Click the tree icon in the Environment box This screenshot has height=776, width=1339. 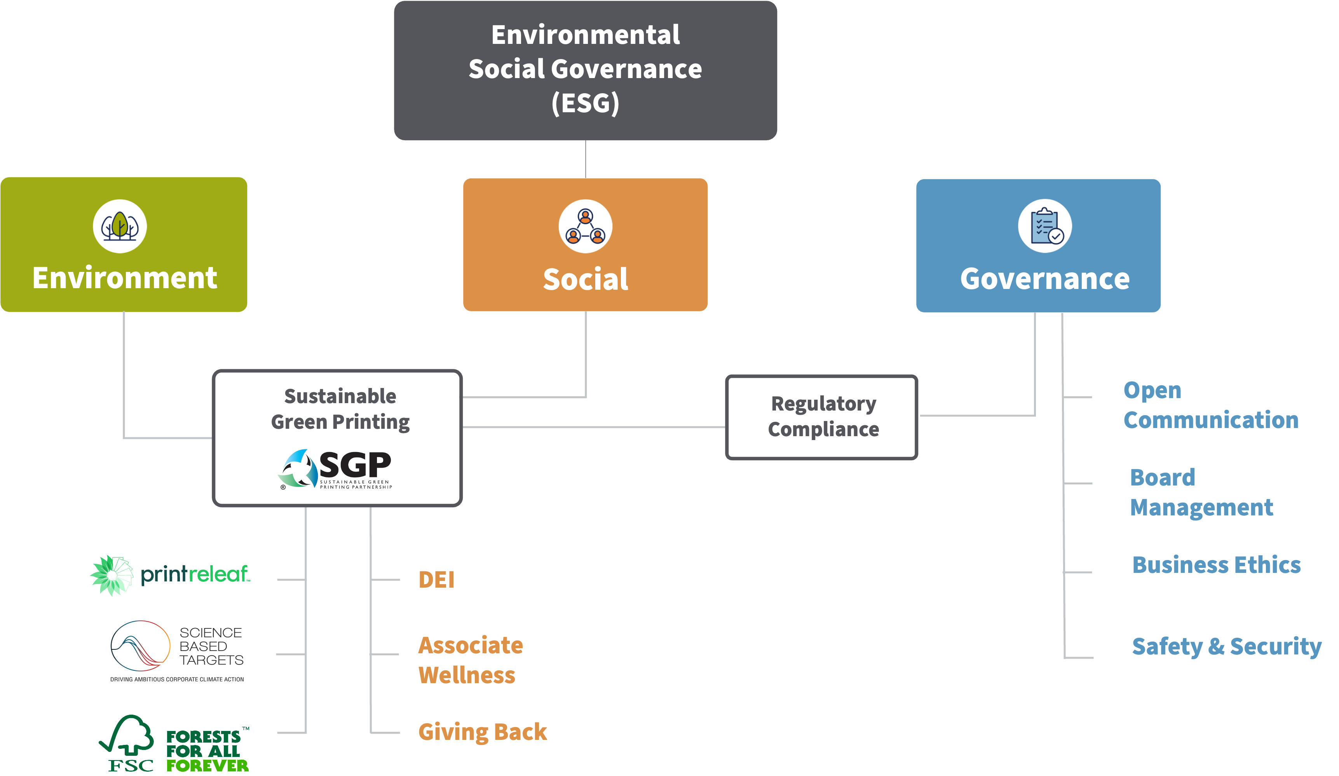120,226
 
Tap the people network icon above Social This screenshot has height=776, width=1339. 585,227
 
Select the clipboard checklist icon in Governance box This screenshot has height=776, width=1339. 1044,226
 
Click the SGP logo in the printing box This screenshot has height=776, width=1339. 335,468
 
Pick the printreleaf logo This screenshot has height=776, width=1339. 170,575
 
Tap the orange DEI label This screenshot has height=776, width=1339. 436,579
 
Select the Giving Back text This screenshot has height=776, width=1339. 482,732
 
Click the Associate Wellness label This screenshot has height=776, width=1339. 470,660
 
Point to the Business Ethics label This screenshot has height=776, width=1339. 1216,565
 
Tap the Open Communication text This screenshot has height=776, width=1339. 1210,405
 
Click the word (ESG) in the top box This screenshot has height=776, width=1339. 585,103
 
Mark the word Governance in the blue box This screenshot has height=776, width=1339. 1044,279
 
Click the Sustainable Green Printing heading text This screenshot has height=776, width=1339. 340,409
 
